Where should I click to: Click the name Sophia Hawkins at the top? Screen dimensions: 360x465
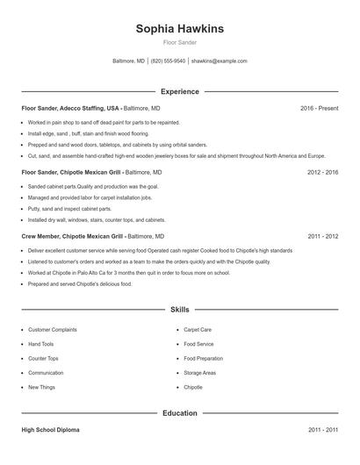click(x=179, y=29)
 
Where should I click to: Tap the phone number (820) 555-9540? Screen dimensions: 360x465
click(x=168, y=61)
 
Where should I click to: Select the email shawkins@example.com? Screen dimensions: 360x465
click(x=219, y=61)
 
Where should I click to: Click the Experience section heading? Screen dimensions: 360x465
click(x=179, y=91)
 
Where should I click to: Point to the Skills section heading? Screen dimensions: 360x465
click(x=179, y=310)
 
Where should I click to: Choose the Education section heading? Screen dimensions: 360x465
click(x=179, y=412)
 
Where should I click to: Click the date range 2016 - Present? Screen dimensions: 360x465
click(x=319, y=108)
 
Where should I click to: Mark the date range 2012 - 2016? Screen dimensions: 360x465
click(x=322, y=173)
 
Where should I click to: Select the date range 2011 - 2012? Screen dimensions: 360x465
click(x=322, y=236)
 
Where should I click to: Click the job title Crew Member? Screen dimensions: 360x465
click(x=40, y=236)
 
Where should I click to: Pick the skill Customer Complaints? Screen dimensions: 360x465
click(x=52, y=330)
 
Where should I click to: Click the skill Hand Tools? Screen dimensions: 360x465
click(x=40, y=344)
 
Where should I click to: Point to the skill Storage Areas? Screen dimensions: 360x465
click(x=199, y=373)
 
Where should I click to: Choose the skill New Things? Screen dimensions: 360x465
click(x=41, y=387)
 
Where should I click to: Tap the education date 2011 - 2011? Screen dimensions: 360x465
click(x=322, y=430)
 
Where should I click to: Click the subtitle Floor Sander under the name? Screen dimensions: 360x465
click(x=179, y=42)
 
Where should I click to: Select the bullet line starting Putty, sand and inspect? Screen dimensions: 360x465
click(x=69, y=209)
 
